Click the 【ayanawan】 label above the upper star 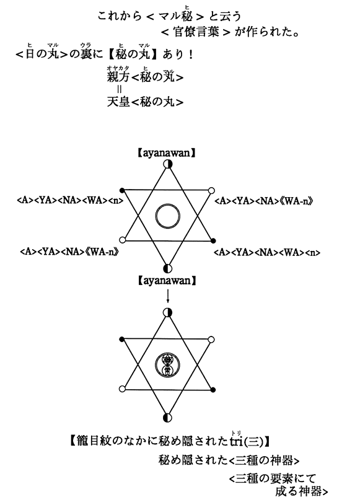pyautogui.click(x=167, y=153)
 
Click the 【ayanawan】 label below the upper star pyautogui.click(x=167, y=281)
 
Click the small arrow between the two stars pyautogui.click(x=168, y=296)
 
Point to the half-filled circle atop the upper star pyautogui.click(x=168, y=164)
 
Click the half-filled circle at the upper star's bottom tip pyautogui.click(x=168, y=269)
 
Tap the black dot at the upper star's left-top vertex pyautogui.click(x=122, y=190)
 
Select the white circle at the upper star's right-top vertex pyautogui.click(x=211, y=190)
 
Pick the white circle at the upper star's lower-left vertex pyautogui.click(x=122, y=240)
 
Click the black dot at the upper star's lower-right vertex pyautogui.click(x=213, y=241)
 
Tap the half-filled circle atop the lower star pyautogui.click(x=168, y=313)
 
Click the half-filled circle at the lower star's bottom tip pyautogui.click(x=168, y=418)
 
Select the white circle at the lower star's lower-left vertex pyautogui.click(x=122, y=389)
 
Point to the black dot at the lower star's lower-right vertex pyautogui.click(x=213, y=390)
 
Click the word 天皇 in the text pyautogui.click(x=118, y=102)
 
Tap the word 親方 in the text pyautogui.click(x=118, y=77)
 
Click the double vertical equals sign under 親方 pyautogui.click(x=119, y=89)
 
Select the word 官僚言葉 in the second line pyautogui.click(x=196, y=32)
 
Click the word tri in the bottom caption pyautogui.click(x=236, y=441)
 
